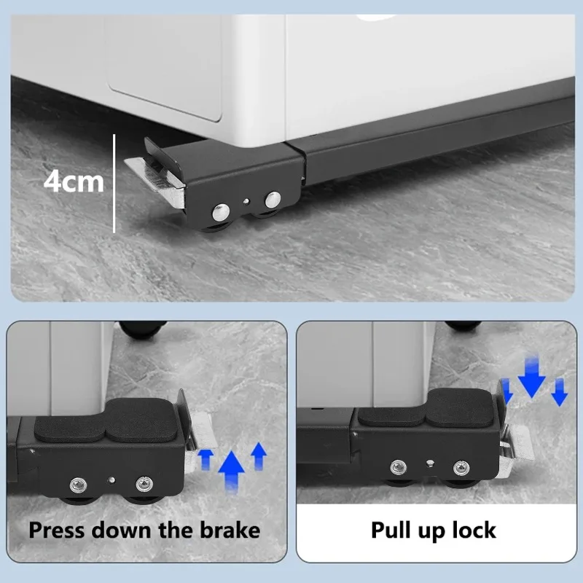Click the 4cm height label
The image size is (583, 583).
74,181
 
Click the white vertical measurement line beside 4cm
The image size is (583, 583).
114,184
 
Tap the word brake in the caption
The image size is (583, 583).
230,530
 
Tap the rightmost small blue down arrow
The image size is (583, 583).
559,392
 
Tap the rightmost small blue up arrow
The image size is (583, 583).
259,456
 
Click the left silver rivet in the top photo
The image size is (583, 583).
221,212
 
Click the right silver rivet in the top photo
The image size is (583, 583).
273,200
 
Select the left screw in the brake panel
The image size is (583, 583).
79,485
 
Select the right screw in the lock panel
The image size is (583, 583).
461,468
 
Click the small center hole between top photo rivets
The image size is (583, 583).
246,202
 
